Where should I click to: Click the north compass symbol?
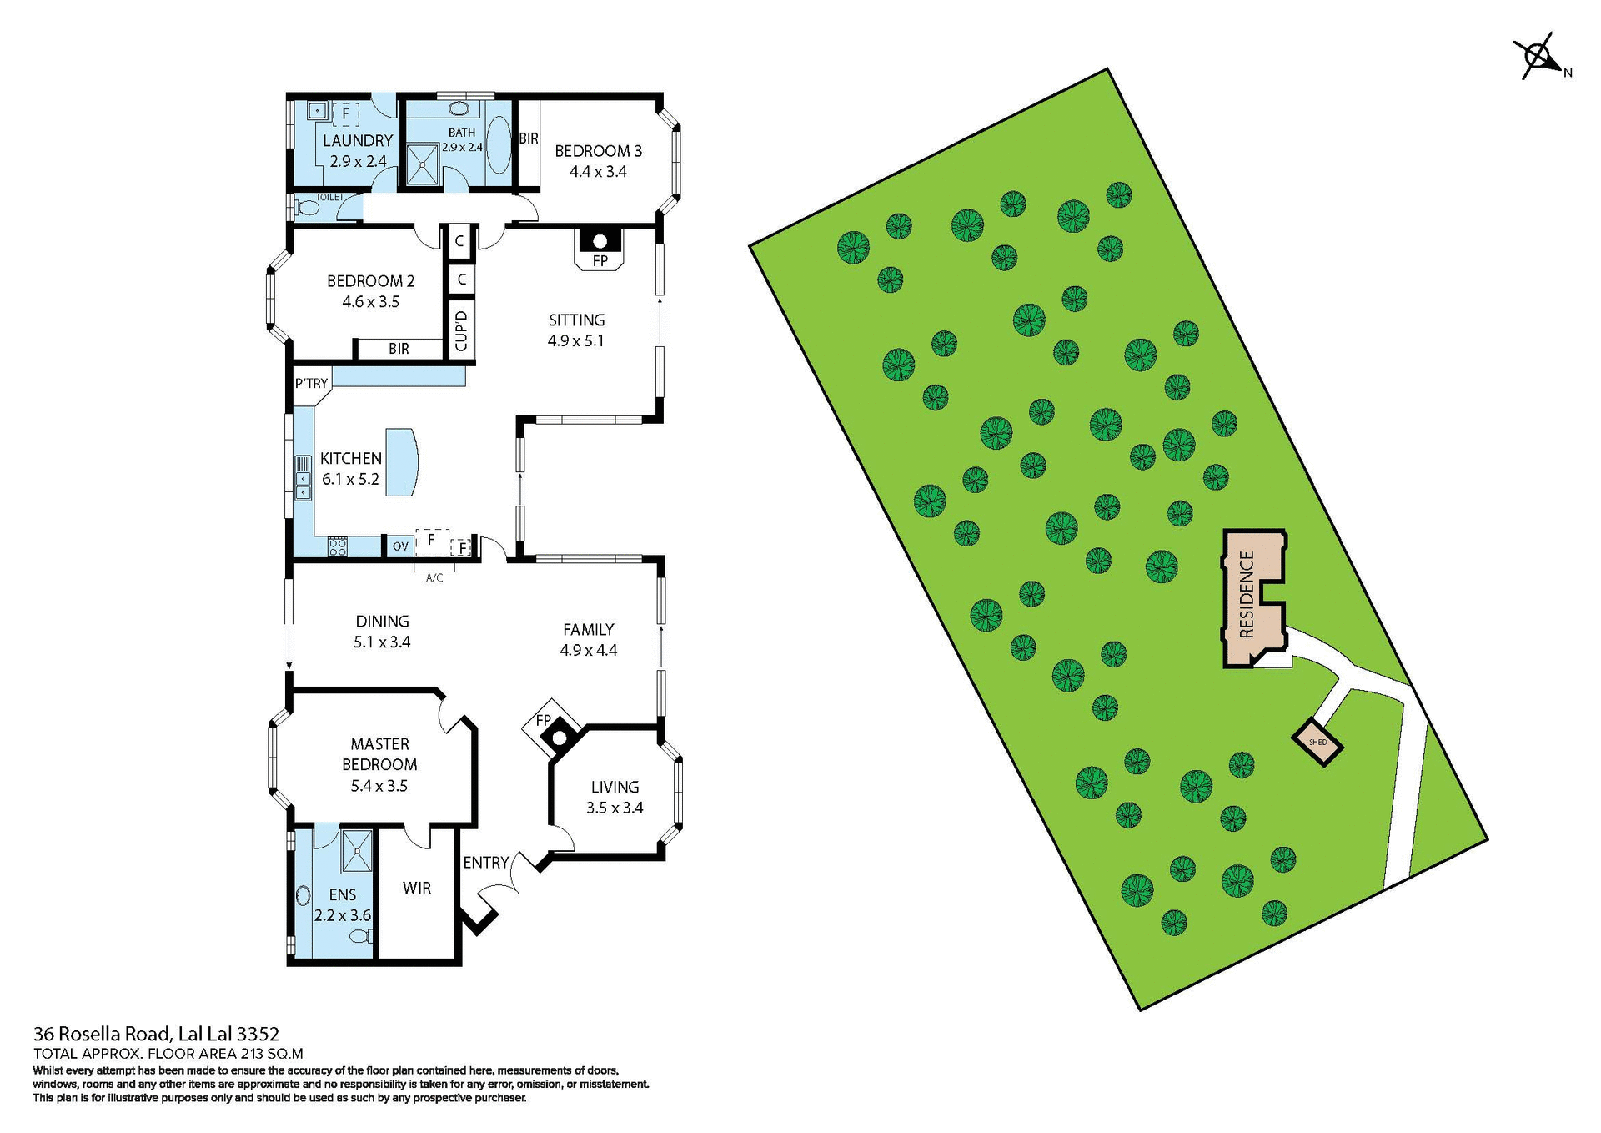[1539, 58]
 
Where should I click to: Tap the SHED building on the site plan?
[1317, 742]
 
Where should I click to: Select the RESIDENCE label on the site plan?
[1247, 595]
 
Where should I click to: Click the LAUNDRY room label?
[358, 141]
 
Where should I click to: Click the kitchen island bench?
[401, 463]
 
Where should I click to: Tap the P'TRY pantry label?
[311, 384]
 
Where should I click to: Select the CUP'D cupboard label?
[461, 330]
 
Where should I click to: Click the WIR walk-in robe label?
[417, 888]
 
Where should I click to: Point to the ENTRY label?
[486, 863]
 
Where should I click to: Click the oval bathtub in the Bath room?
[498, 145]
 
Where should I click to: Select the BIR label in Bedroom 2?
[399, 349]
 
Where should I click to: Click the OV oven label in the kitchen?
[400, 546]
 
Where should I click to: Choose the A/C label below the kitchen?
[434, 578]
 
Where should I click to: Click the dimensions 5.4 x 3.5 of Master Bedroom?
[379, 786]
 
